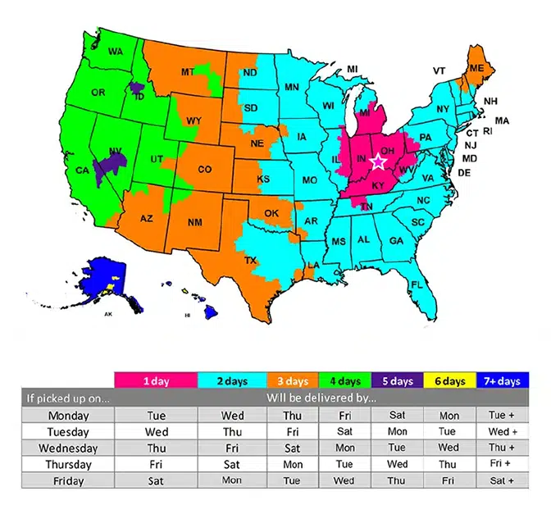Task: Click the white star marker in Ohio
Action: [x=378, y=161]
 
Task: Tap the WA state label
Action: [x=116, y=52]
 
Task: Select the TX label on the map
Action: [x=250, y=261]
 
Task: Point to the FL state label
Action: [x=416, y=284]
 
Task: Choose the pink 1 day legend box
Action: [x=156, y=381]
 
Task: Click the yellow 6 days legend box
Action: [x=449, y=381]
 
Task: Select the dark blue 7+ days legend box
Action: [x=502, y=381]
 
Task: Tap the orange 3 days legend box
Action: [x=291, y=381]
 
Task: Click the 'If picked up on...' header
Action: [x=68, y=398]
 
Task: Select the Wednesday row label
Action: [x=68, y=448]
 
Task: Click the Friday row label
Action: [x=68, y=480]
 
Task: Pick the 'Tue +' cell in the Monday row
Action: [x=502, y=416]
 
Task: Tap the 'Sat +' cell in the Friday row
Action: [x=502, y=480]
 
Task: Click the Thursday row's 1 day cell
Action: [x=156, y=464]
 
